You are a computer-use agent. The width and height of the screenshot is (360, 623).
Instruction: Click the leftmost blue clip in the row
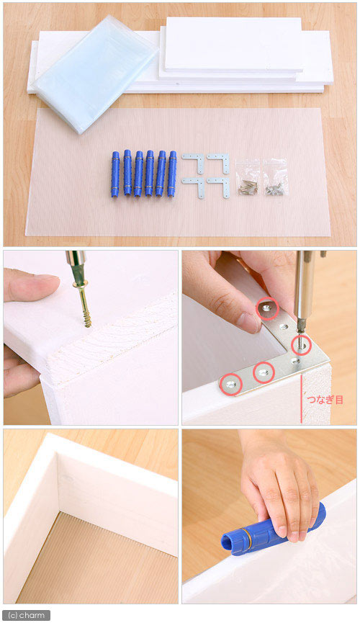114,174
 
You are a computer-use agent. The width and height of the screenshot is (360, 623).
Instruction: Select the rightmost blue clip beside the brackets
172,174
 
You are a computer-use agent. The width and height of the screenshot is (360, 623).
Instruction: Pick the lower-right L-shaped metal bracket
219,187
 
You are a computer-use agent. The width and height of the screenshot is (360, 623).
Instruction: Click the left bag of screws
247,177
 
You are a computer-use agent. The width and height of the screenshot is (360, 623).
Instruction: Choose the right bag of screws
275,177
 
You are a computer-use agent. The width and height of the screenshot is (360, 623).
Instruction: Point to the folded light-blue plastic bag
95,73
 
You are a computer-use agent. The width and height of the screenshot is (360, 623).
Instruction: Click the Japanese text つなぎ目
325,400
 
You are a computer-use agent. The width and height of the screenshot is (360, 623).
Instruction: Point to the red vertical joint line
301,398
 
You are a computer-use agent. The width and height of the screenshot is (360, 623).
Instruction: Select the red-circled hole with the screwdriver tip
301,345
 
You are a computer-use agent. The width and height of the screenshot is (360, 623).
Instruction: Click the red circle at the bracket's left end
231,384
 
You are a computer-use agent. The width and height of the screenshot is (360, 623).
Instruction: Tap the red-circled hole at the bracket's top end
267,308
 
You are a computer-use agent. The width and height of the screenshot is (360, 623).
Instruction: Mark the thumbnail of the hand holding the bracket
251,322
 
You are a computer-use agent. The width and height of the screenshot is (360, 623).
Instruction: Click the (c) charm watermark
27,615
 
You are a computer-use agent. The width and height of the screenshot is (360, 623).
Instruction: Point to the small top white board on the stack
234,44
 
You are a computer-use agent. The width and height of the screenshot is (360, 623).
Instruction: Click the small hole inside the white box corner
68,478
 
